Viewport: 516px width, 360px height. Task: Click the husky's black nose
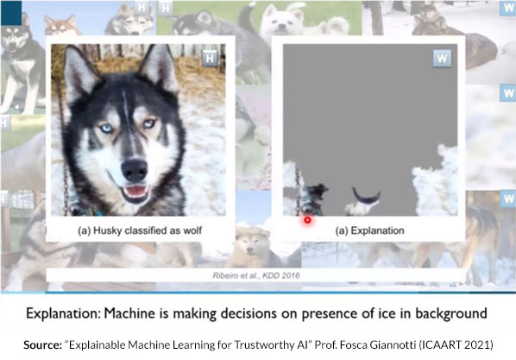point(135,170)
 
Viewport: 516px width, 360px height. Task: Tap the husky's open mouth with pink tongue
point(135,192)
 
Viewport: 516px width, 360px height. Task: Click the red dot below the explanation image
point(307,220)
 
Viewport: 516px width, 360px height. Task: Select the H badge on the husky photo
point(210,59)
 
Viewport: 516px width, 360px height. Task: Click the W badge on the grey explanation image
point(442,59)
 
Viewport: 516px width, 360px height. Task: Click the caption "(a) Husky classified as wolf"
point(140,231)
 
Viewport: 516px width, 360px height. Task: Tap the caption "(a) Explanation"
point(369,231)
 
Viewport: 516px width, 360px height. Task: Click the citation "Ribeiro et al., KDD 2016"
point(256,275)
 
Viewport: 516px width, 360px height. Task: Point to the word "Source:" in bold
point(42,344)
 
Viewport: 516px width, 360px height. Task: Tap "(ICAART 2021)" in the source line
point(456,344)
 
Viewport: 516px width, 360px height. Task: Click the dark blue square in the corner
point(11,12)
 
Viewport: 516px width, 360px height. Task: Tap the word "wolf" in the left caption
point(192,231)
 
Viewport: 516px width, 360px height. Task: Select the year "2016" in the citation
point(290,275)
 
